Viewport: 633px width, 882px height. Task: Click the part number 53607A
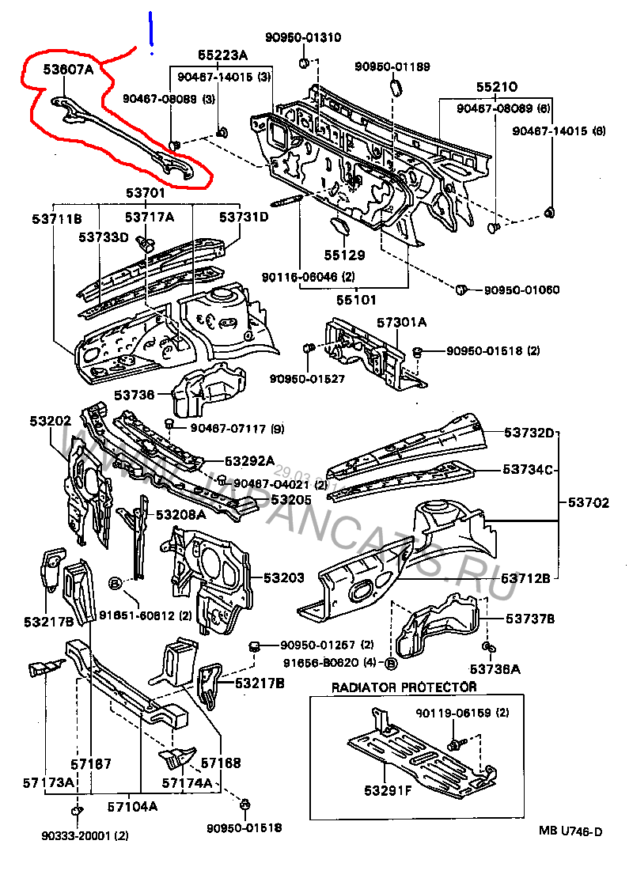[x=69, y=70]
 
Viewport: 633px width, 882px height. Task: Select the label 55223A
[x=222, y=55]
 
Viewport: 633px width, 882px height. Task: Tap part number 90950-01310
[x=303, y=37]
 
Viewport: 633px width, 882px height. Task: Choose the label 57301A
[x=401, y=322]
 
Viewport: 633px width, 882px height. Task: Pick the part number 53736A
[x=495, y=669]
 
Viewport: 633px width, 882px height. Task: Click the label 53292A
[x=249, y=461]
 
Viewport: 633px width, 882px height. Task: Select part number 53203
[x=283, y=578]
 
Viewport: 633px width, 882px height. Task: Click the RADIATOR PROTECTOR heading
[x=404, y=687]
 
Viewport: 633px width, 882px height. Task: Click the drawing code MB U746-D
[x=570, y=831]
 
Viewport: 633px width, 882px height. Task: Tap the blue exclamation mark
[x=150, y=33]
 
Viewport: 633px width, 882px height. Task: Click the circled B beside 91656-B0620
[x=389, y=661]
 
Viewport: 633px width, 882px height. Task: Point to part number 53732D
[x=530, y=433]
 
